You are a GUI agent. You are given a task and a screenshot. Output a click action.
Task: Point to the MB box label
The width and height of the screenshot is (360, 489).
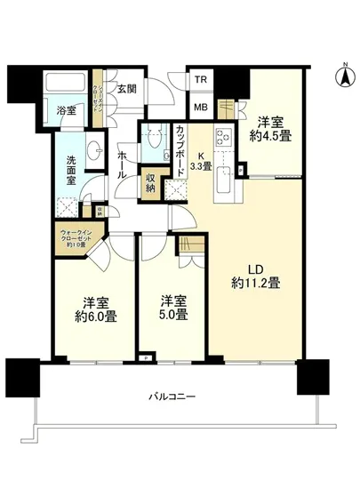[x=202, y=108]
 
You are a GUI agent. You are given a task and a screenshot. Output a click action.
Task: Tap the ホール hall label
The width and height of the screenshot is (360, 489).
[x=122, y=165]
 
